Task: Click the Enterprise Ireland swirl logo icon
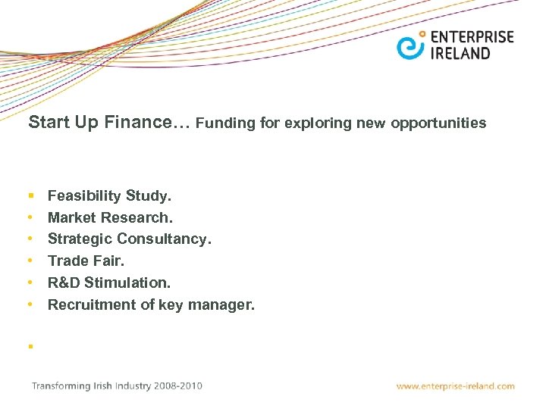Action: pos(410,45)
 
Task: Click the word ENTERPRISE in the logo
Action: pos(471,37)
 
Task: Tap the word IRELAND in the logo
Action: pos(460,54)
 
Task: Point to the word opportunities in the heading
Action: pos(439,123)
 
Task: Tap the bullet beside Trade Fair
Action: pos(30,261)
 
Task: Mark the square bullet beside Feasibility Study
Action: pos(30,196)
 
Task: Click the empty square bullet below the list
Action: pos(30,346)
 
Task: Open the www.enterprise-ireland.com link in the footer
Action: pos(455,386)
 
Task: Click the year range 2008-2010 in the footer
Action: pos(179,386)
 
